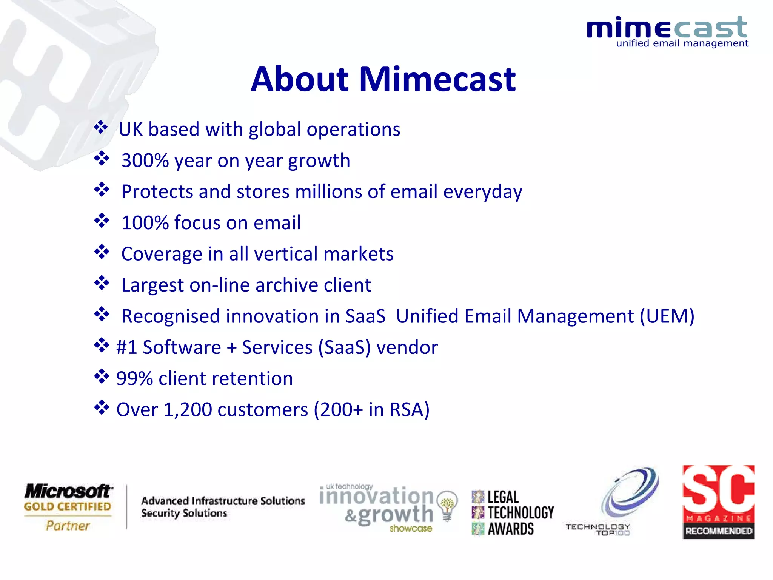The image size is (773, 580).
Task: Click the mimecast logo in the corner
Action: (667, 32)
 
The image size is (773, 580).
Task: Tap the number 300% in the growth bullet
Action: (145, 161)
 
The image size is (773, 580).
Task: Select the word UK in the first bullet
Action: (131, 130)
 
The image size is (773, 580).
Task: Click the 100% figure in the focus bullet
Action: (145, 223)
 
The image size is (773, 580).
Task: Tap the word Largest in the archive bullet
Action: (152, 285)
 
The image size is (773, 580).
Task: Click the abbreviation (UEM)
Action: (667, 316)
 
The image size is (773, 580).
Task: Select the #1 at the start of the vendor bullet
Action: (126, 347)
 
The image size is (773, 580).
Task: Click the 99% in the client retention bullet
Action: (134, 379)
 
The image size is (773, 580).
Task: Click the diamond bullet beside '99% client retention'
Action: (102, 377)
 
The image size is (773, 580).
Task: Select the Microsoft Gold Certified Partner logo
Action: (68, 507)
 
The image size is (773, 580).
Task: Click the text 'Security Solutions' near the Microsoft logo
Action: (184, 514)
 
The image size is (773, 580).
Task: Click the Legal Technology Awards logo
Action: (513, 513)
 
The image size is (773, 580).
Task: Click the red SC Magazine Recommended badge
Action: (718, 502)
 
